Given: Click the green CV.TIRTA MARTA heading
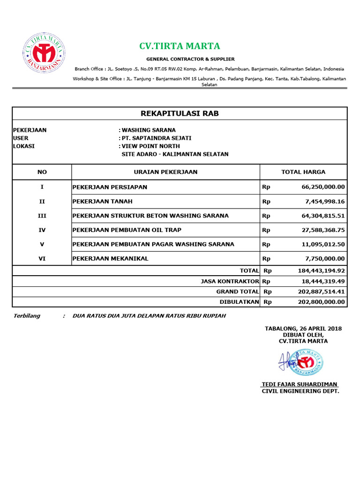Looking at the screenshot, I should [x=180, y=46].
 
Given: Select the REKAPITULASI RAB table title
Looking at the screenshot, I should [x=180, y=113].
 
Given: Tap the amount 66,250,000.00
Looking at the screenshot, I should [x=321, y=187].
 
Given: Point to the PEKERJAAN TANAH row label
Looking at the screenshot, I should [x=102, y=202].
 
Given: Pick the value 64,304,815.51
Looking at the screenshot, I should [x=321, y=216].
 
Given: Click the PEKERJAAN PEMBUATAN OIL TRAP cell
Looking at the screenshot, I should [x=127, y=230].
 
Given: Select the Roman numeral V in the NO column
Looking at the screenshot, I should [x=42, y=244].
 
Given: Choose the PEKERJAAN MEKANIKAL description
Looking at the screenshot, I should [x=110, y=259].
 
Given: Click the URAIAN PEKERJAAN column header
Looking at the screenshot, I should [x=165, y=172].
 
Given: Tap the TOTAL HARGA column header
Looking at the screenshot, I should [x=303, y=172].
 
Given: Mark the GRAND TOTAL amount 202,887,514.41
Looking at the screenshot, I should [x=321, y=292].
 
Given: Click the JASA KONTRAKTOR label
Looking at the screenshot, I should [x=230, y=281].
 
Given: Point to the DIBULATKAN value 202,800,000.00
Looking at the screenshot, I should [x=321, y=302].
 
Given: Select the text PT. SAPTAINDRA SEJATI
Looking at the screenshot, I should [x=157, y=138].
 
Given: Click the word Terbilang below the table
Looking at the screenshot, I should [x=26, y=316].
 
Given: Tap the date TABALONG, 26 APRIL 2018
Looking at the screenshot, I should [x=303, y=329].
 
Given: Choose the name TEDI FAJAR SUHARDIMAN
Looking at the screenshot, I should [x=300, y=384].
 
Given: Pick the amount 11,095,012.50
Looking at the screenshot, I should [x=321, y=244].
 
